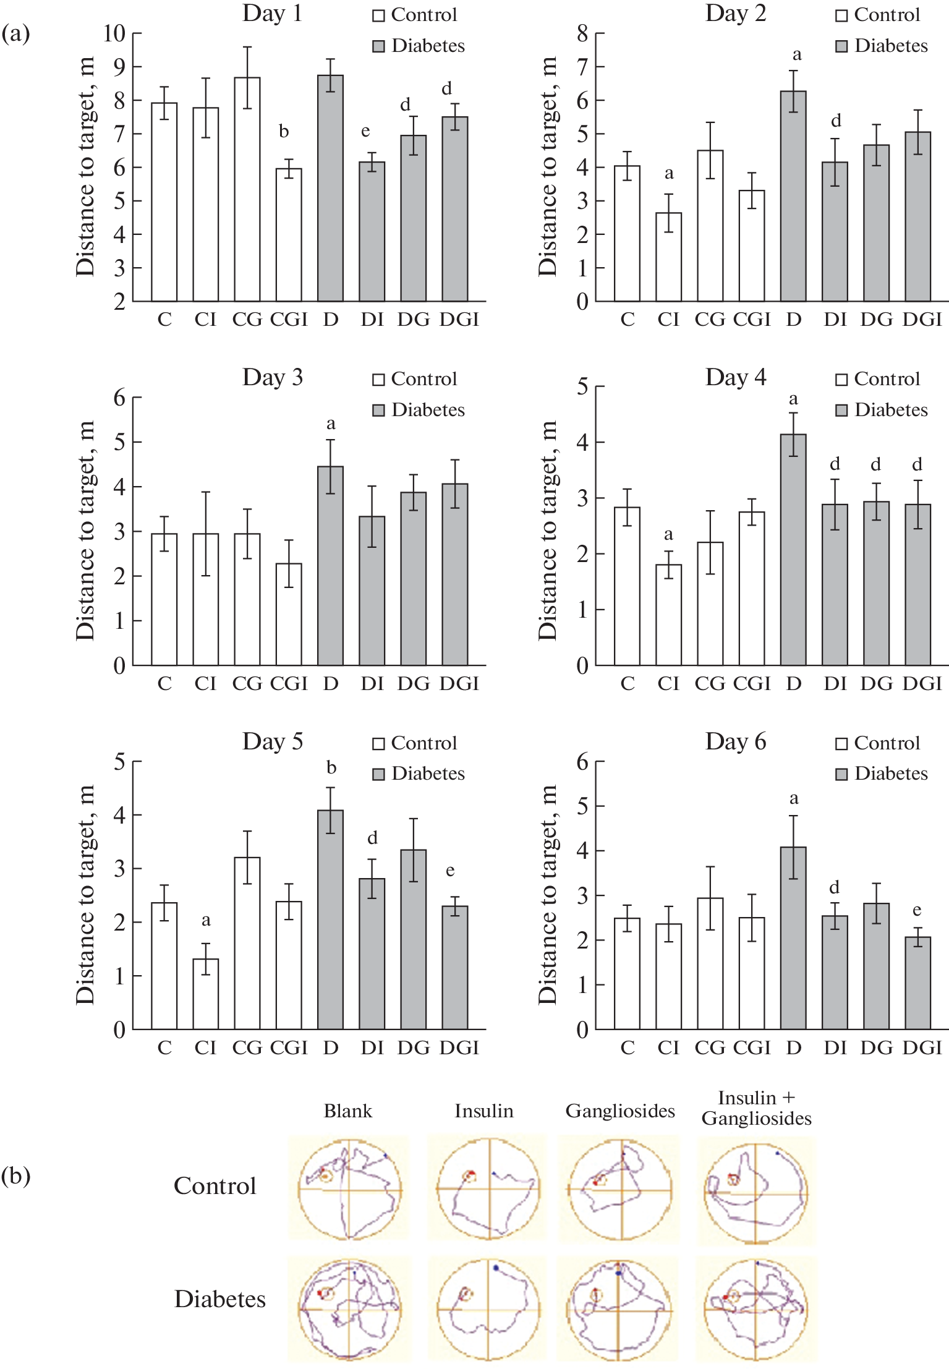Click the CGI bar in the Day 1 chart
[289, 235]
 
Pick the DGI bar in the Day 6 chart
[917, 983]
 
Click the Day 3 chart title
[273, 377]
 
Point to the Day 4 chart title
[736, 377]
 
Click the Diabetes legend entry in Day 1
[419, 46]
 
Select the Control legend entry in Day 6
[878, 743]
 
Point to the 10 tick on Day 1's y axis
[115, 33]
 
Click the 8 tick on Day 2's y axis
[582, 33]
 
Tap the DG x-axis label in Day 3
[413, 683]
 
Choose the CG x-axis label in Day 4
[710, 683]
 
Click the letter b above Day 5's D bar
[331, 768]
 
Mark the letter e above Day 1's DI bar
[365, 131]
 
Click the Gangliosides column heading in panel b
[620, 1111]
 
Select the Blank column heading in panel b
[348, 1111]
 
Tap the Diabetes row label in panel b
[220, 1299]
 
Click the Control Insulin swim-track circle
[488, 1188]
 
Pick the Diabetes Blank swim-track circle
[350, 1309]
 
